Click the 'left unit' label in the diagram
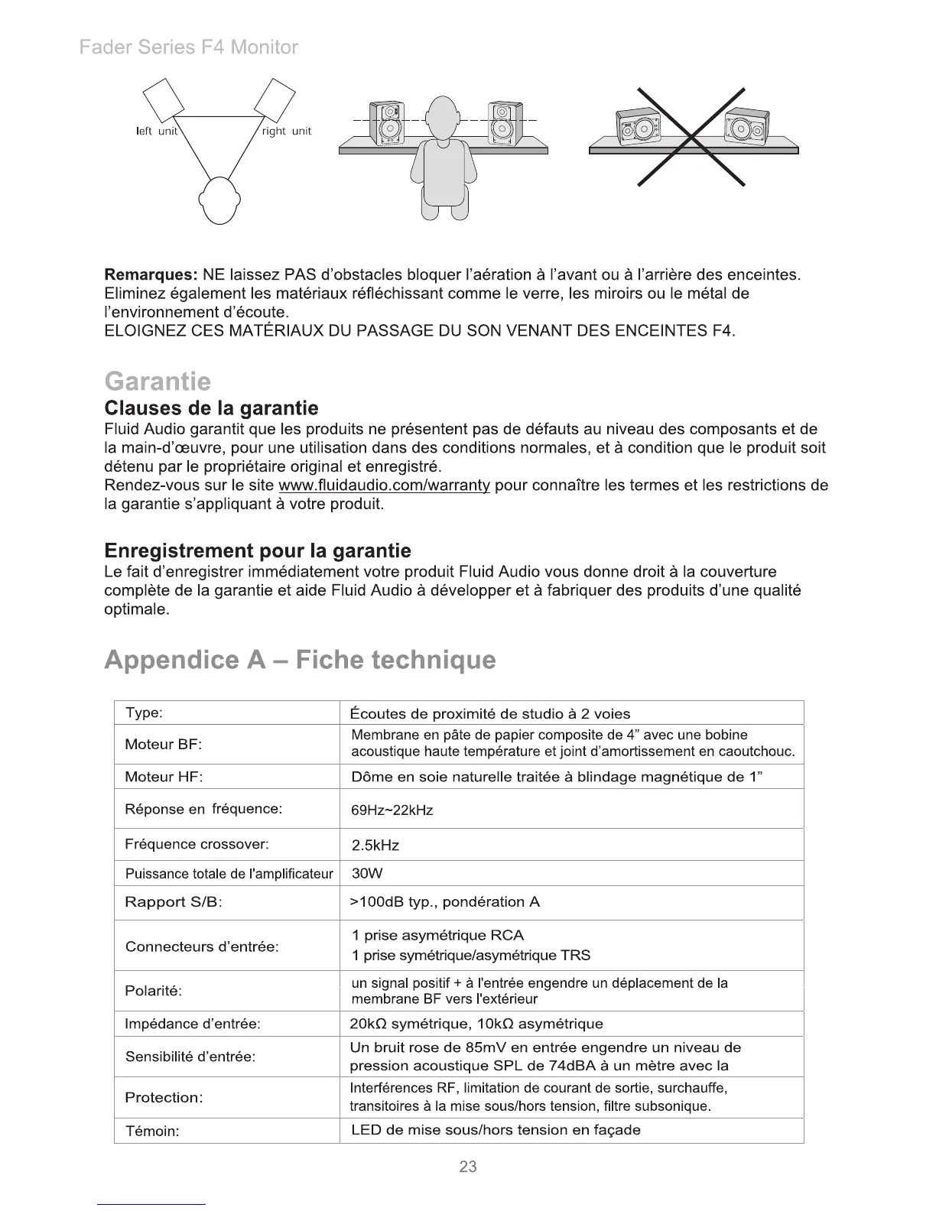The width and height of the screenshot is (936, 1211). [x=157, y=131]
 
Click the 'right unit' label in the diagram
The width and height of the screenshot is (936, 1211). [x=287, y=131]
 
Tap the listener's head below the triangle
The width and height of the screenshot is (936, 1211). [x=219, y=200]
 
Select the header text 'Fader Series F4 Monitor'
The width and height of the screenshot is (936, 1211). [x=189, y=47]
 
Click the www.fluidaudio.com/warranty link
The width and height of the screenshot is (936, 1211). [x=385, y=486]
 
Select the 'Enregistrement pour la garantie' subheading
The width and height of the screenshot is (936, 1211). [x=257, y=550]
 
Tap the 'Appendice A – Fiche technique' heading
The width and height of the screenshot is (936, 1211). [x=300, y=659]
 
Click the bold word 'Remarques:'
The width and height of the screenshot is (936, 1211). [x=151, y=274]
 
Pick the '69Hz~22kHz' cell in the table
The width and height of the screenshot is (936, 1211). [x=392, y=810]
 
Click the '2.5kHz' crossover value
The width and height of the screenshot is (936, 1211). [x=375, y=846]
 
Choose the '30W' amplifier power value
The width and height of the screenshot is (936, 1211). [x=366, y=873]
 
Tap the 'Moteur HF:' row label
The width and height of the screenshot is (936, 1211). [x=164, y=777]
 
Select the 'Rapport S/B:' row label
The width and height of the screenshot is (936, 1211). [x=173, y=902]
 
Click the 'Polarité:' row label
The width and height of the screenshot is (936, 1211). [x=153, y=991]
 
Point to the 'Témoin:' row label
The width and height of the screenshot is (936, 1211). [x=151, y=1131]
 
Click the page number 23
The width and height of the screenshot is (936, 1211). [x=468, y=1167]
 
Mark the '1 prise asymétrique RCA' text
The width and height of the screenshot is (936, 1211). [x=437, y=935]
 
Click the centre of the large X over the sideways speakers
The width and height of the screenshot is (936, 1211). [x=692, y=138]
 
